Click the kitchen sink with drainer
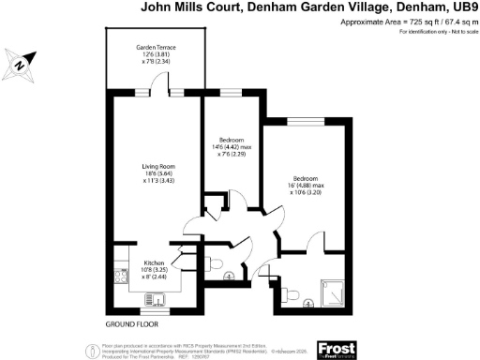click(x=155, y=299)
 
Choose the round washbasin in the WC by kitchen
click(x=230, y=277)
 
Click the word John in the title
click(x=156, y=7)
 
